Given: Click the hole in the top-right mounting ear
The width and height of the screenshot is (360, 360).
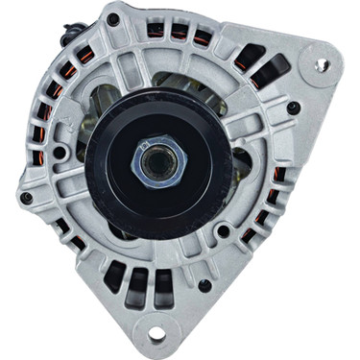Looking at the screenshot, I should click(x=322, y=64).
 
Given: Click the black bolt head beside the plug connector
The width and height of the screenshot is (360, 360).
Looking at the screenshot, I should click(x=113, y=18).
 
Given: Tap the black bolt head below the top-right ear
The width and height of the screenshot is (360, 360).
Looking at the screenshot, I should click(x=292, y=108).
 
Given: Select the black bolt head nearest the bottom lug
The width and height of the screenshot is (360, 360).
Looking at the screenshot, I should click(x=204, y=285).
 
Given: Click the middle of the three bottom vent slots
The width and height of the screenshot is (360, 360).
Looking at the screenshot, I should click(x=139, y=278).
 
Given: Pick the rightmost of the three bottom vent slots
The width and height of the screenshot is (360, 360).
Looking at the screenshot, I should click(x=164, y=279).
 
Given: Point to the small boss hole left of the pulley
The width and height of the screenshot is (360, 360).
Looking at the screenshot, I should click(x=60, y=152).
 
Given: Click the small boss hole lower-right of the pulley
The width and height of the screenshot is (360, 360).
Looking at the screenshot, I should click(x=224, y=230).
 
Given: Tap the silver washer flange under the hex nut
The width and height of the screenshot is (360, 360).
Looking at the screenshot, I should click(x=156, y=172).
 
